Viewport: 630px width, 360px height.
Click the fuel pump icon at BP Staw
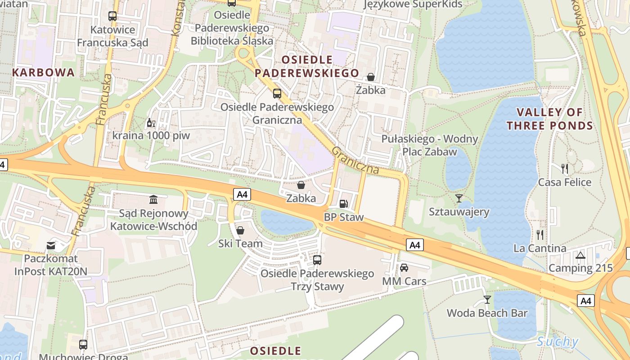pyautogui.click(x=343, y=204)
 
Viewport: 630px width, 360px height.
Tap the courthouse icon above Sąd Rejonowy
pyautogui.click(x=153, y=199)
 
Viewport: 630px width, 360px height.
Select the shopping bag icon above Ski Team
pyautogui.click(x=240, y=230)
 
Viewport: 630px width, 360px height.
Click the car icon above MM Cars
pyautogui.click(x=404, y=268)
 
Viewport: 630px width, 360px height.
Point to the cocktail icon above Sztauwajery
pyautogui.click(x=459, y=198)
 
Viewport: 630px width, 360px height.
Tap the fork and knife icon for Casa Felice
pyautogui.click(x=565, y=169)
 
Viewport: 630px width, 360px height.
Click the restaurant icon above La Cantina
pyautogui.click(x=540, y=234)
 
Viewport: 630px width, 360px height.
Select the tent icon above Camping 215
pyautogui.click(x=580, y=255)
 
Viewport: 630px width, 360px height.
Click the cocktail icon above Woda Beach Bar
pyautogui.click(x=487, y=299)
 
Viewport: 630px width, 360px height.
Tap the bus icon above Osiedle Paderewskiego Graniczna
pyautogui.click(x=277, y=94)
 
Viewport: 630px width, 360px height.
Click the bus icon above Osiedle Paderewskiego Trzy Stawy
pyautogui.click(x=317, y=260)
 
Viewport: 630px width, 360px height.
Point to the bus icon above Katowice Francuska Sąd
pyautogui.click(x=112, y=16)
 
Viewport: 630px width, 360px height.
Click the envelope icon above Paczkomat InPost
pyautogui.click(x=51, y=246)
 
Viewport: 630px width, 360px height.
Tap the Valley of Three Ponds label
pyautogui.click(x=549, y=119)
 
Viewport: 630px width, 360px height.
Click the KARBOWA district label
pyautogui.click(x=43, y=72)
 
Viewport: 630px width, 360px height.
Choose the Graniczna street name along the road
pyautogui.click(x=355, y=160)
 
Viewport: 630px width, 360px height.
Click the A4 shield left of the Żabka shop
pyautogui.click(x=242, y=194)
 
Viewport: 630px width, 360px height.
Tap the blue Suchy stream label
pyautogui.click(x=557, y=342)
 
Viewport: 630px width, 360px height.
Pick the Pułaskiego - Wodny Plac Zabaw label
pyautogui.click(x=430, y=145)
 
